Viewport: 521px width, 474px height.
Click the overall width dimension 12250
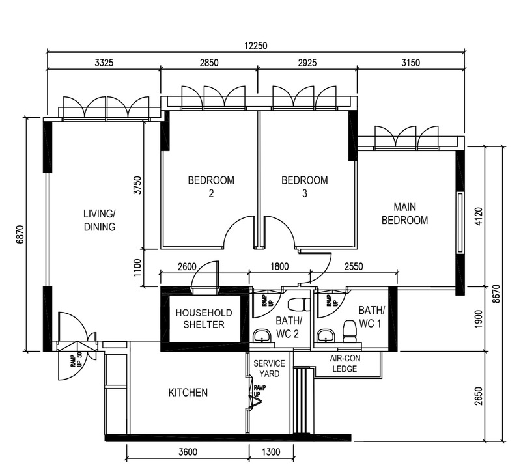click(256, 46)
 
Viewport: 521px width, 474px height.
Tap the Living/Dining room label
click(99, 220)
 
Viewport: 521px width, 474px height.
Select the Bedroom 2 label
click(211, 186)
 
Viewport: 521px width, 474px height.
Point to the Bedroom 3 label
click(304, 186)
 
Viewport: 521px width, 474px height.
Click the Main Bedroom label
click(404, 214)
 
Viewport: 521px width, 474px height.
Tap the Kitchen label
click(188, 393)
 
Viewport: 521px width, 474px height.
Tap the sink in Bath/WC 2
click(262, 335)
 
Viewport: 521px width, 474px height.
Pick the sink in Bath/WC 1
click(324, 335)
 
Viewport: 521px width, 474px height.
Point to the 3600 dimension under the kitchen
click(188, 453)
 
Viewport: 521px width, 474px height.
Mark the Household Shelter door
click(208, 275)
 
